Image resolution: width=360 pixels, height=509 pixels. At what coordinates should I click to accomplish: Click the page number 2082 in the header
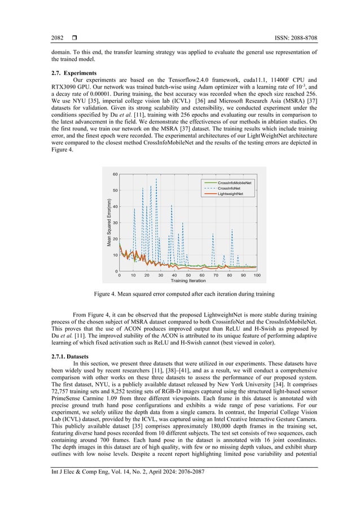click(x=58, y=38)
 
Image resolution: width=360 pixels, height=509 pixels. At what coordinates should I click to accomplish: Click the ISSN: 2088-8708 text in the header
click(x=289, y=38)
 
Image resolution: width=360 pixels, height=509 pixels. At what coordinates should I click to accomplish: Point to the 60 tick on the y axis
click(x=115, y=174)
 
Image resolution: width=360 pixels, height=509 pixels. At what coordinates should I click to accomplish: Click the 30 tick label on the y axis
click(x=115, y=223)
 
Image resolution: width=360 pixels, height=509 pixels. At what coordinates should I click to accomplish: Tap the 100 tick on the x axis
click(x=257, y=275)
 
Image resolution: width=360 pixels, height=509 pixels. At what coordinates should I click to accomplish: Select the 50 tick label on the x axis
click(x=188, y=275)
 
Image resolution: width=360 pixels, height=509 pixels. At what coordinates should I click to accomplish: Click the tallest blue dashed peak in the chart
click(x=156, y=179)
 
